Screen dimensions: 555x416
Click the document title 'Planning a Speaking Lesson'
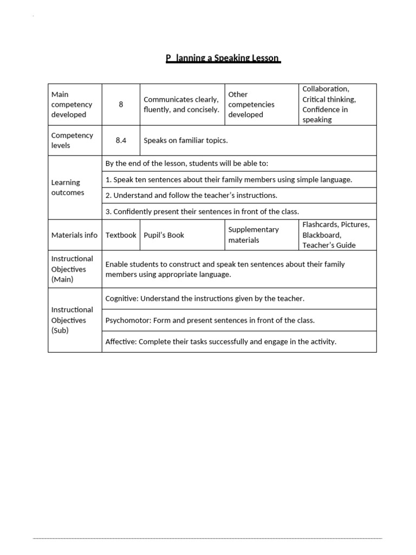(x=223, y=58)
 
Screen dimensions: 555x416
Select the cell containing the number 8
(x=121, y=104)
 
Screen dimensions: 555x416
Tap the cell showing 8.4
(x=121, y=140)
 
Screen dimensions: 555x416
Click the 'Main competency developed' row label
(x=71, y=104)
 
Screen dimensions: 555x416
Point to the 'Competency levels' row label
(x=71, y=140)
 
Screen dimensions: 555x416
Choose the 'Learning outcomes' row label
(x=68, y=188)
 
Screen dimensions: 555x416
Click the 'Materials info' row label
(x=74, y=235)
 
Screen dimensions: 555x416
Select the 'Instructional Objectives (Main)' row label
(x=72, y=269)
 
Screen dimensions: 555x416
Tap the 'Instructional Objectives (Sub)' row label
(x=72, y=320)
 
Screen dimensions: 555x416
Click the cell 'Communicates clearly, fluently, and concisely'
(x=181, y=104)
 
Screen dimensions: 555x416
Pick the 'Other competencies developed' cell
(x=251, y=104)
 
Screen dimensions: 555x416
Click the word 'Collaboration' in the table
(x=326, y=89)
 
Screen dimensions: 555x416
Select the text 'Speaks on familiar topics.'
(x=186, y=140)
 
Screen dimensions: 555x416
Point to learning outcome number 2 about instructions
(x=191, y=195)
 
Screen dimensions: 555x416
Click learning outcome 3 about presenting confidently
(x=202, y=211)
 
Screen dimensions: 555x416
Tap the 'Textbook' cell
(x=121, y=235)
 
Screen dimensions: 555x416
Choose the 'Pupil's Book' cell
(x=164, y=235)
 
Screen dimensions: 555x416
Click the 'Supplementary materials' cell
(x=253, y=235)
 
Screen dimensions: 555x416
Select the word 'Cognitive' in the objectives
(x=121, y=298)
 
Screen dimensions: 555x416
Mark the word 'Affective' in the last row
(x=120, y=341)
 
